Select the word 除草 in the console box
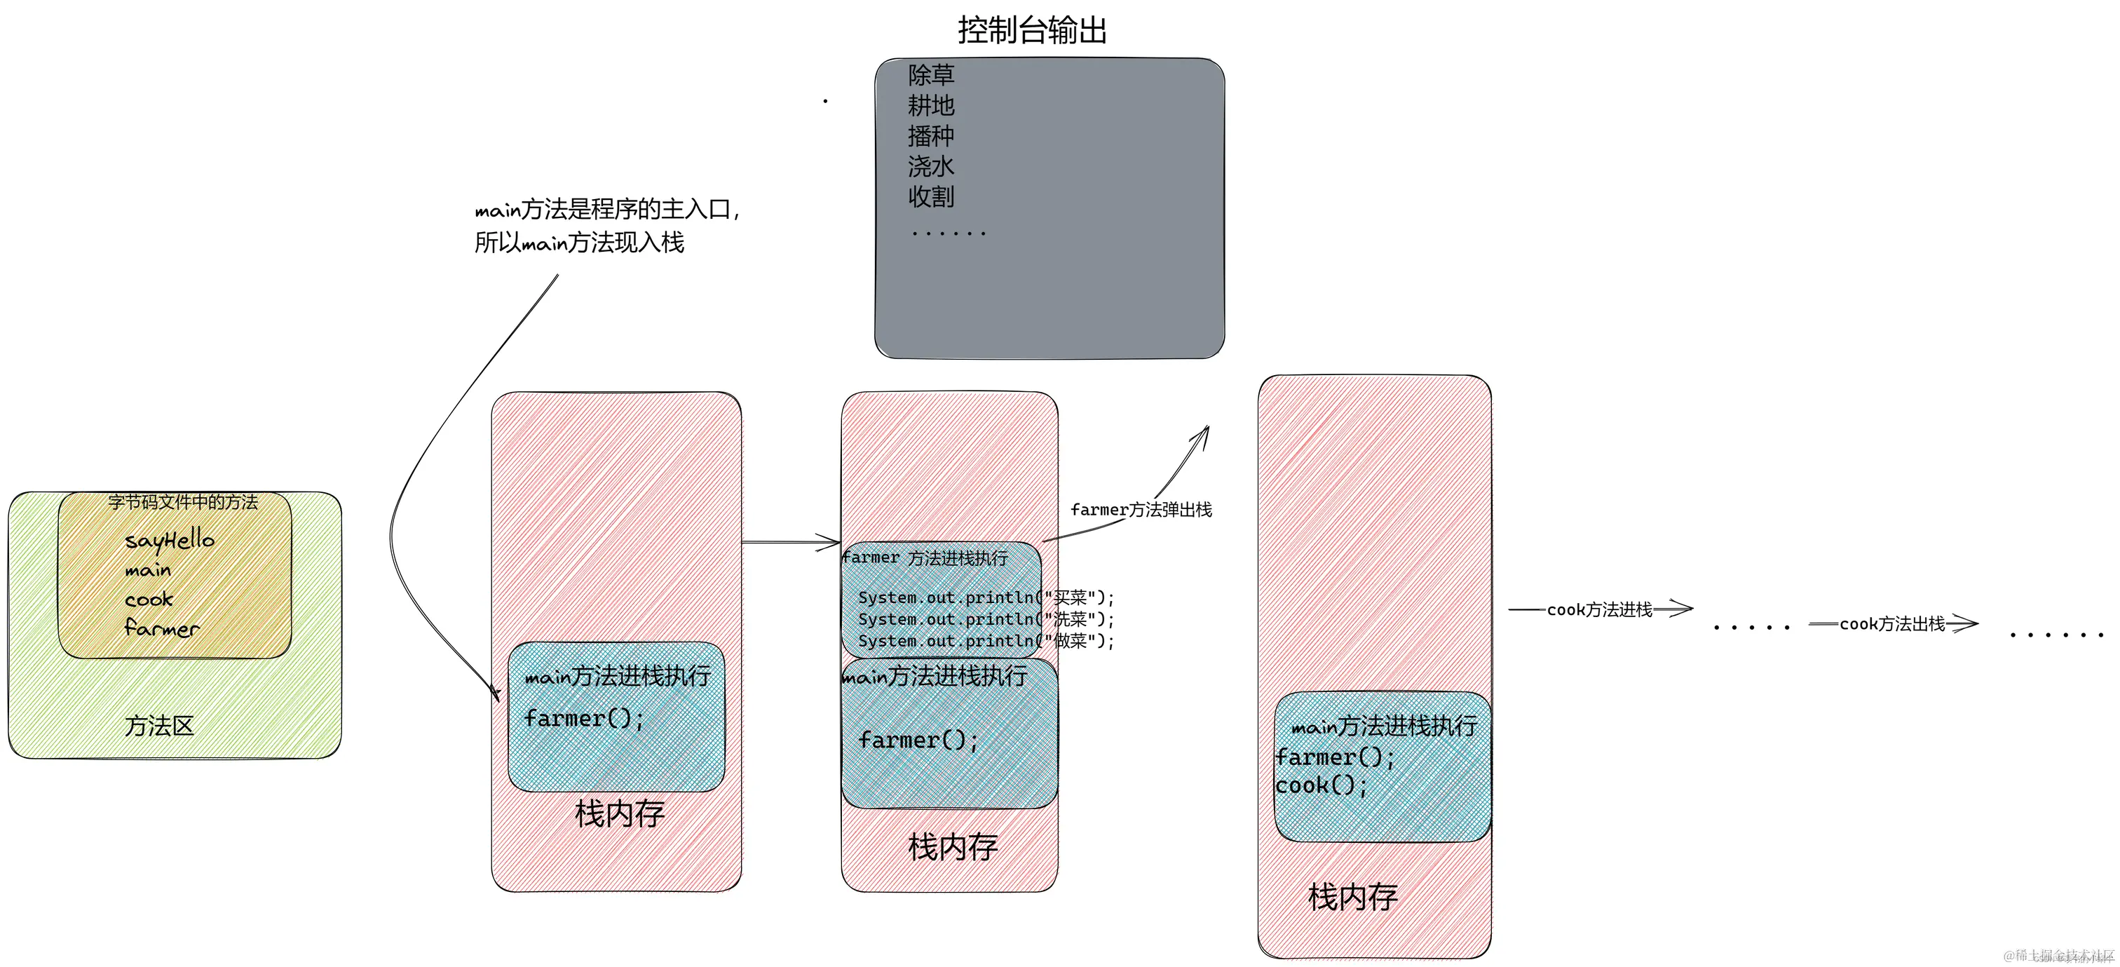tap(931, 76)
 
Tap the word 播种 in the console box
tap(931, 136)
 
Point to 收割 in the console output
tap(931, 196)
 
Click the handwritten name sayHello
tap(170, 541)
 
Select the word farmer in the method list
tap(161, 629)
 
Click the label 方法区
tap(160, 726)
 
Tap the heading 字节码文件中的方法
tap(183, 502)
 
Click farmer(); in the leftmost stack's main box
tap(584, 719)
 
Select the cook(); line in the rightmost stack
tap(1321, 786)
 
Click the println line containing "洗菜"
tap(985, 620)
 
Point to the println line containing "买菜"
tap(985, 597)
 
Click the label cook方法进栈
tap(1599, 610)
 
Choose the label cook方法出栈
tap(1891, 625)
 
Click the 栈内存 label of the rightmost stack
tap(1353, 897)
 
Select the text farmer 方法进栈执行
tap(925, 558)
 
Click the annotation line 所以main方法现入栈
tap(578, 243)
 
